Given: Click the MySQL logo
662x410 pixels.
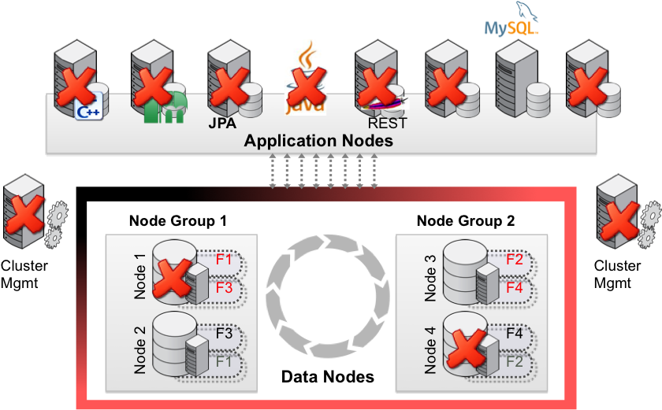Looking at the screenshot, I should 511,19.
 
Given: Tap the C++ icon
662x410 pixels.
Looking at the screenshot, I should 85,112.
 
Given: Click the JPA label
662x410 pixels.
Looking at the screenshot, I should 222,124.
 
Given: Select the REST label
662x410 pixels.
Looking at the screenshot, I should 387,124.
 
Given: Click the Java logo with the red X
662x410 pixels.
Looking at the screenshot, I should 305,79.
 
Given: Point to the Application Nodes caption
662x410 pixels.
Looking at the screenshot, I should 318,142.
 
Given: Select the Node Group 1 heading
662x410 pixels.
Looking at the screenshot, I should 178,221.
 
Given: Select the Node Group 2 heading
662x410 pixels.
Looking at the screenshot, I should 466,221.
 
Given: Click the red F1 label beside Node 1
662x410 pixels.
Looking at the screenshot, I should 224,260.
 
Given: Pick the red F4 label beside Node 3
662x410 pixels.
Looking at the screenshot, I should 514,288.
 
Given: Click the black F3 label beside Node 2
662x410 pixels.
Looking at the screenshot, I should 224,333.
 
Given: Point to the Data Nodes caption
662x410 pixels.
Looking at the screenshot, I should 328,378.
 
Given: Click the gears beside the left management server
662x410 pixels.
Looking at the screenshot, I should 54,224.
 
